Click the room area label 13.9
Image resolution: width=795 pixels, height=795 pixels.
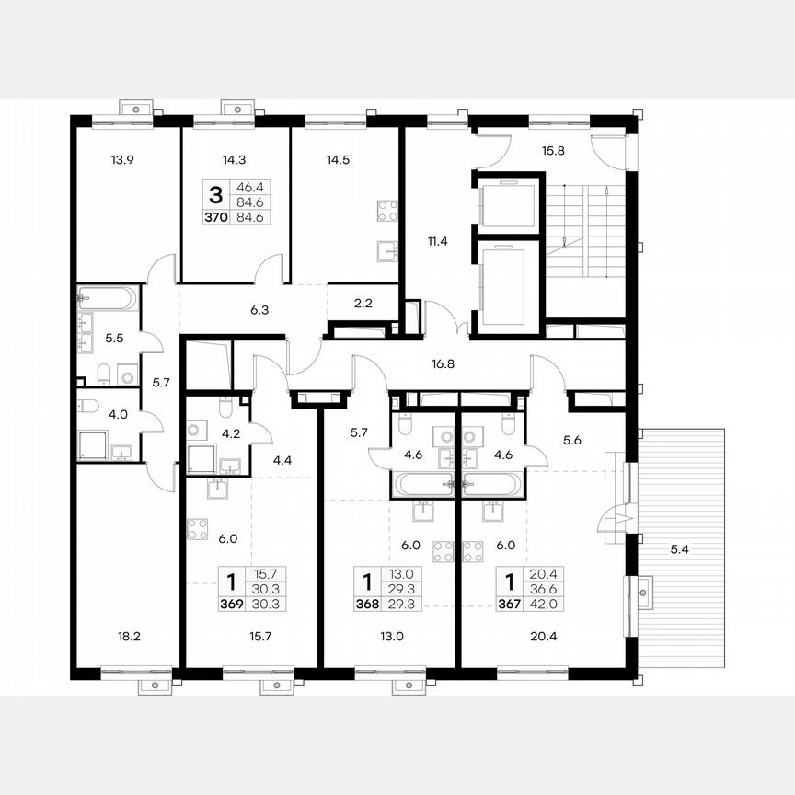(122, 160)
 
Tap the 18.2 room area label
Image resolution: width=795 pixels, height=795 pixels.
(122, 636)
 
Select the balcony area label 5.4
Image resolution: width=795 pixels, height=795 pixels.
(680, 550)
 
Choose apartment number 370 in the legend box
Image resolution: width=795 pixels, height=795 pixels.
(215, 217)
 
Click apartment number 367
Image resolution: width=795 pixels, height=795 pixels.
(509, 604)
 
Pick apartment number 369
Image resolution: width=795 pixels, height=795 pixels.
(231, 604)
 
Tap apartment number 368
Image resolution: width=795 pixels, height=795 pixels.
(368, 604)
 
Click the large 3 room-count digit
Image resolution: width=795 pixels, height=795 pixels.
(215, 194)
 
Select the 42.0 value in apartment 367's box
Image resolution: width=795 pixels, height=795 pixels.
(537, 604)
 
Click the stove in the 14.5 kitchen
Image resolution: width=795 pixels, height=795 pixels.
(387, 211)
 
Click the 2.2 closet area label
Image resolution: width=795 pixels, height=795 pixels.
(363, 301)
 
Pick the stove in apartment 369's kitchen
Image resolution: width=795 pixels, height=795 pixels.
(198, 529)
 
